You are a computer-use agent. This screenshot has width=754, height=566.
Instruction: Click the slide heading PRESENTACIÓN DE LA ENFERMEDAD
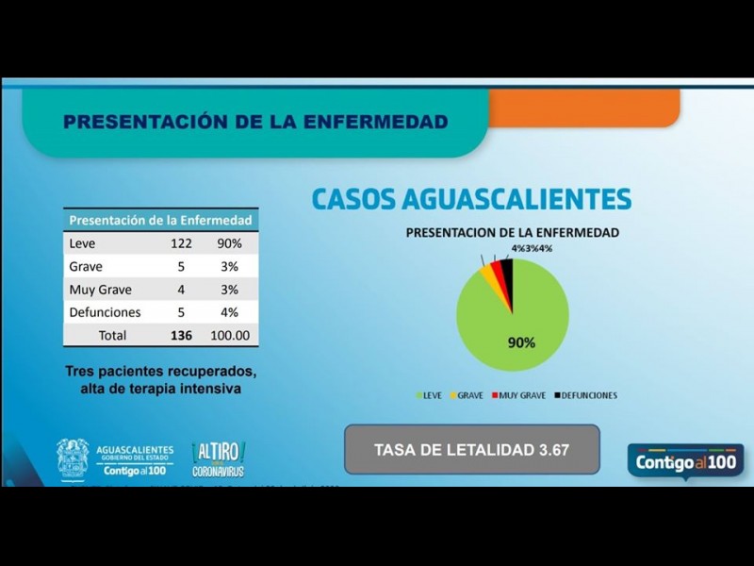point(254,122)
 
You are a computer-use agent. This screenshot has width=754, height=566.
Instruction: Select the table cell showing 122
point(182,243)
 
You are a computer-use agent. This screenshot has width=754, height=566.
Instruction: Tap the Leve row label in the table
point(83,243)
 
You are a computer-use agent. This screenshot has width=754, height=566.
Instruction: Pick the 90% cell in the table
point(231,243)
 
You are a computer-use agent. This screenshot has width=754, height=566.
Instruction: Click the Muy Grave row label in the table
point(100,290)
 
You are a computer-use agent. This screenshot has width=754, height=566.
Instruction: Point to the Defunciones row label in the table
point(105,312)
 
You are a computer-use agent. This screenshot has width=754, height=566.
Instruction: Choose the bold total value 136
point(182,335)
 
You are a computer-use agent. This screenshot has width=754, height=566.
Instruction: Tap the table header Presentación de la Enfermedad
point(161,220)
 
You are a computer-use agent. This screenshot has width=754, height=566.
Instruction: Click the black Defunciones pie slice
point(507,274)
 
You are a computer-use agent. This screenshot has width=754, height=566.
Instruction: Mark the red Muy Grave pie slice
point(497,275)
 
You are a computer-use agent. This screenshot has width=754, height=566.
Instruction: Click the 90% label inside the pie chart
point(521,342)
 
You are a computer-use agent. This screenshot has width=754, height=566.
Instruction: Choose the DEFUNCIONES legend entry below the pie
point(586,395)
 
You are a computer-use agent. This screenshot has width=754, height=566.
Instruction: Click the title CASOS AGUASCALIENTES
point(471,199)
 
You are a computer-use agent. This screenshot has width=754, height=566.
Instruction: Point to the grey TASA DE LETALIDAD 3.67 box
point(471,449)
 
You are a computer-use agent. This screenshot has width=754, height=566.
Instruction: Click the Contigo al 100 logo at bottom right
point(685,462)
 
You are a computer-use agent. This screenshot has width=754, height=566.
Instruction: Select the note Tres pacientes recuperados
point(160,371)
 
